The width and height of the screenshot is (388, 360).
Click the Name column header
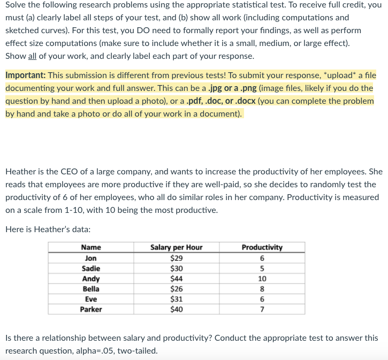tap(90, 247)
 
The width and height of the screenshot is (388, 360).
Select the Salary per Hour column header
tap(176, 247)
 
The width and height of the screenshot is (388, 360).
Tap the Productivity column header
tap(262, 247)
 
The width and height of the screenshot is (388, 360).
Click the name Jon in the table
tap(90, 258)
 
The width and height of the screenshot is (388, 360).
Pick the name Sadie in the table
tap(90, 268)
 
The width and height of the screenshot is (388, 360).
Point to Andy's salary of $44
tap(176, 279)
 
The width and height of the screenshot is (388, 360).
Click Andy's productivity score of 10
tap(262, 279)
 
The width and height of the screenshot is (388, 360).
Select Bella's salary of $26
tap(176, 289)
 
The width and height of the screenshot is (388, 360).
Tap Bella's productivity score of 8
tap(262, 289)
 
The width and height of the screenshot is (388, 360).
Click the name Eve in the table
tap(90, 300)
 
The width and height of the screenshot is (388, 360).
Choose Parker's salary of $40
tap(176, 309)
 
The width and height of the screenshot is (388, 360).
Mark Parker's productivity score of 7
tap(262, 309)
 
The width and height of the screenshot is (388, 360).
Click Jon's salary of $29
tap(176, 258)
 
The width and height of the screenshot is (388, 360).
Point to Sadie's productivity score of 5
tap(262, 268)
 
